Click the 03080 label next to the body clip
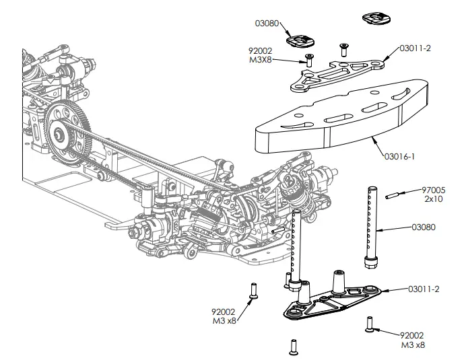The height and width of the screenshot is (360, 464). point(267,24)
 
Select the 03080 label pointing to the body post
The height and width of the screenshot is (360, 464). point(424,227)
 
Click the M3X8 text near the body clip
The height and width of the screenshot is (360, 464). point(263,59)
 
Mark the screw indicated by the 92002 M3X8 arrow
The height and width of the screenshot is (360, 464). point(310,59)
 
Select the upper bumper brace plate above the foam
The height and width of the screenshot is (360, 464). point(337,73)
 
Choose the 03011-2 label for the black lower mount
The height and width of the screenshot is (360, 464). point(424,289)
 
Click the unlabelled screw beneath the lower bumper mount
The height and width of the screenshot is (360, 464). point(293,346)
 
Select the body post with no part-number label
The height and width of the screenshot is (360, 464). point(296,246)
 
